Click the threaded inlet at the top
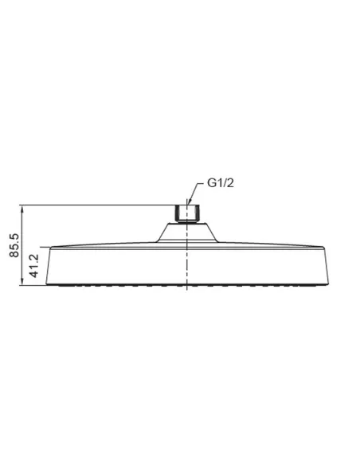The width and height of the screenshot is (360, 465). pos(186,213)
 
